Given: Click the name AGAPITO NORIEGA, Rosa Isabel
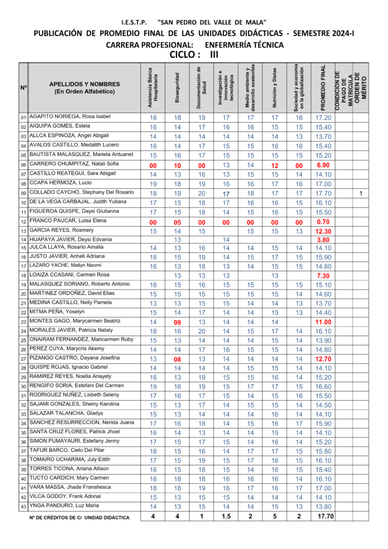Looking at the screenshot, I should pyautogui.click(x=70, y=117).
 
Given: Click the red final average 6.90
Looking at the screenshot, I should pyautogui.click(x=323, y=165).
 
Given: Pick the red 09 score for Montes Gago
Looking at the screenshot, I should pyautogui.click(x=177, y=322).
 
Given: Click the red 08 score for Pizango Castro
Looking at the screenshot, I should pyautogui.click(x=177, y=359).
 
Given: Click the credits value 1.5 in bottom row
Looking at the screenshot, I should pyautogui.click(x=226, y=517).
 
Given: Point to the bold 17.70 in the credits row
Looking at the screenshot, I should pyautogui.click(x=324, y=517).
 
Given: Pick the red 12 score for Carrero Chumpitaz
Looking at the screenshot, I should pyautogui.click(x=274, y=165).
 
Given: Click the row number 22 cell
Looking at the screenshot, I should pyautogui.click(x=23, y=313).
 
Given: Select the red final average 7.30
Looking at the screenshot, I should pyautogui.click(x=323, y=276).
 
